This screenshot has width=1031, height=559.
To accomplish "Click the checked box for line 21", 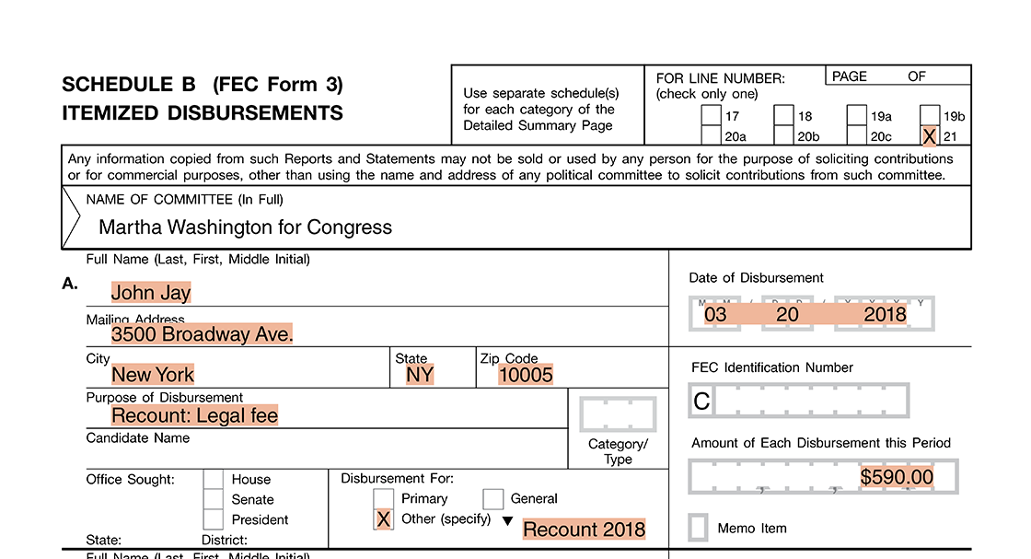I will tap(930, 136).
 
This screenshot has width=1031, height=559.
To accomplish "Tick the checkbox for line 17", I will tap(711, 116).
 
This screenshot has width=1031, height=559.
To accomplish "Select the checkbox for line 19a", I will tap(856, 116).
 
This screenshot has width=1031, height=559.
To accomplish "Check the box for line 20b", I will tap(783, 136).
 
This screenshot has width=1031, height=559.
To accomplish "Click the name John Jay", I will tap(151, 293).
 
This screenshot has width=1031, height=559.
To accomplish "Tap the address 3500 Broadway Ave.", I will tap(202, 334).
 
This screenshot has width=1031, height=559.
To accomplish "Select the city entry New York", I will tap(153, 375).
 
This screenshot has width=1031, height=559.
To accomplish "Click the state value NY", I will tap(420, 375).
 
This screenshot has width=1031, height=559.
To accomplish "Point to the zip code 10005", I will tap(526, 375).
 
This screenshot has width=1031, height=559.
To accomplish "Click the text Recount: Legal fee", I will tap(194, 415).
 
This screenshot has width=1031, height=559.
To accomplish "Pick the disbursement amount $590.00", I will tap(897, 477).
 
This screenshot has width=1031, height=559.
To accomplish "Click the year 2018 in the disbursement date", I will tap(885, 315).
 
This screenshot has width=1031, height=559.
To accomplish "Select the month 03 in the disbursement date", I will tap(715, 315).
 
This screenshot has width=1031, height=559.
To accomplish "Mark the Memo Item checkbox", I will tap(699, 528).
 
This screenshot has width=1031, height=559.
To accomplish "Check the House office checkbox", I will tap(213, 479).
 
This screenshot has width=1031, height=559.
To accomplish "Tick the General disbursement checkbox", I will tap(492, 499).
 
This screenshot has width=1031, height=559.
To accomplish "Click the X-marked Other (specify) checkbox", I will tap(384, 519).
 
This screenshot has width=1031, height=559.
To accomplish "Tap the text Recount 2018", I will tap(584, 530).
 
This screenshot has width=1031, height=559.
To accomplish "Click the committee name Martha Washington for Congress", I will tap(245, 227).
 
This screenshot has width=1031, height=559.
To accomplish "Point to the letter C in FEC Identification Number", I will tap(701, 401).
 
